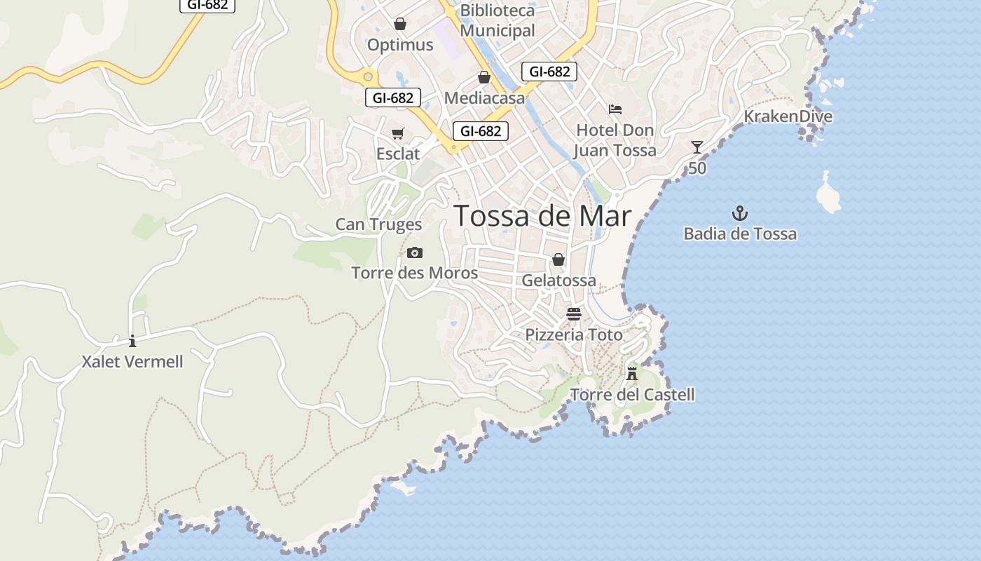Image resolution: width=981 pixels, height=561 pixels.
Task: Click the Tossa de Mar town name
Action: [543, 216]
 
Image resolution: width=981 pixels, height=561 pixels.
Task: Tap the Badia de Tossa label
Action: [740, 234]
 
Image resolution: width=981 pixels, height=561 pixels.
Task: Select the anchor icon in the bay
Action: [740, 213]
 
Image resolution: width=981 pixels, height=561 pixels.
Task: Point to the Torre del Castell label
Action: [632, 395]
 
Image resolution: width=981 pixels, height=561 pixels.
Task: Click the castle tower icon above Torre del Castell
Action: [632, 373]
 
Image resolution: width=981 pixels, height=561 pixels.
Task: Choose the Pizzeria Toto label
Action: [574, 335]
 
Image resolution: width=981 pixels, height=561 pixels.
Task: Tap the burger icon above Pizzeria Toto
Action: [574, 313]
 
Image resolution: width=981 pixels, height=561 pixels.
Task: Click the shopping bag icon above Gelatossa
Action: [558, 259]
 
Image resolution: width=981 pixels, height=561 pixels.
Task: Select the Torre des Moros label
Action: [414, 273]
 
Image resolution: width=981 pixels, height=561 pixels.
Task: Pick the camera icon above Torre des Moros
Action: [415, 252]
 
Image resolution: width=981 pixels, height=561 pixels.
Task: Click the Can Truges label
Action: [378, 224]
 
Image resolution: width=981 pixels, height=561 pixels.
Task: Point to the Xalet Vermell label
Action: [132, 362]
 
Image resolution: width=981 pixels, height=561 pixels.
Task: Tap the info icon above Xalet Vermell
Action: [132, 342]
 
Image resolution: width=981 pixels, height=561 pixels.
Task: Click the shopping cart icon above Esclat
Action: [398, 133]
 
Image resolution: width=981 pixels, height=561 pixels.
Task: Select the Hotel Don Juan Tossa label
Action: [615, 140]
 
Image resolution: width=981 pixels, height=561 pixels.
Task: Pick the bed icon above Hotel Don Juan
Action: [615, 109]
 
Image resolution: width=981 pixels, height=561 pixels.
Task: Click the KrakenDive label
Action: [788, 116]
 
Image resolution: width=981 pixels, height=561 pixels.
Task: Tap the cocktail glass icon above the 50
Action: [697, 147]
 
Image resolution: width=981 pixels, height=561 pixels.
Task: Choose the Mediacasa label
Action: [484, 98]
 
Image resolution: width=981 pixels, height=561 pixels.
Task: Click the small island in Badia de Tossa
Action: [829, 193]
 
